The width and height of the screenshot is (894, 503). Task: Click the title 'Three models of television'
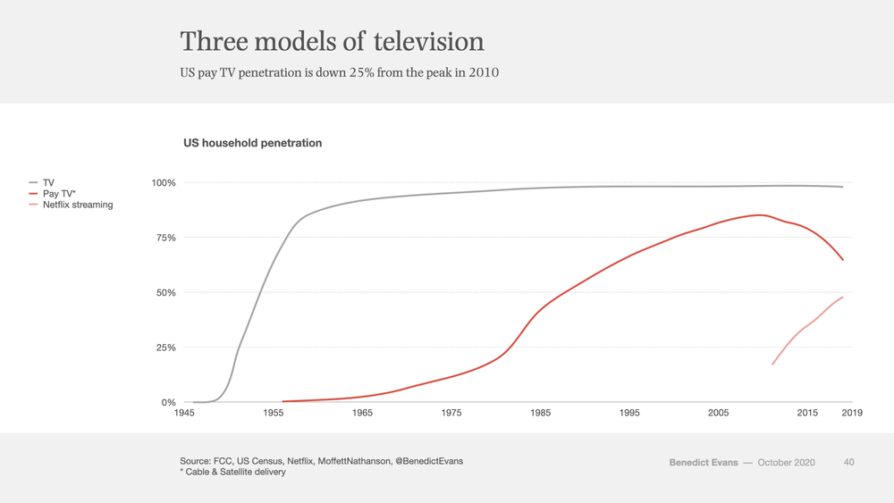pos(332,42)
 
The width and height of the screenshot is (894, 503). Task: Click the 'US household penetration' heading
pos(253,143)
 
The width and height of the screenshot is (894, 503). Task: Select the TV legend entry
pos(42,183)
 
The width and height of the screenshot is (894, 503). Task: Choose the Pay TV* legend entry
pos(52,194)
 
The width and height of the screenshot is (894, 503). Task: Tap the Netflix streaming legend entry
pos(71,205)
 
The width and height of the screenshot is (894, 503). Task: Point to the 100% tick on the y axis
pos(164,183)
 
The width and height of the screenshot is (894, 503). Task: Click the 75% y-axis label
pos(166,238)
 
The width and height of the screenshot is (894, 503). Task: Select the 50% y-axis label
pos(166,293)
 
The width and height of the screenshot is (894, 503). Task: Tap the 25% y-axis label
pos(166,348)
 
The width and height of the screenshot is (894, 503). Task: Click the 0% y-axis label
pos(168,402)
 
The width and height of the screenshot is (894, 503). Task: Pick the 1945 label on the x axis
pos(184,413)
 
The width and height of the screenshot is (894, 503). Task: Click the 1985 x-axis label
pos(540,413)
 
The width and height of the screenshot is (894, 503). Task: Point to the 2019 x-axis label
pos(852,413)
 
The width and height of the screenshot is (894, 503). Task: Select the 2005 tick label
pos(719,413)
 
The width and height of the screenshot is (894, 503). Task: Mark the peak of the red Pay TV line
pos(759,214)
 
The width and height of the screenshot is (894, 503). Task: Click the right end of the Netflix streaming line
pos(843,297)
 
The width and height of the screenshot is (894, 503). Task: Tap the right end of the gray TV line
pos(843,187)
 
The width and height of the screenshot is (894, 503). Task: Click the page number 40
pos(849,463)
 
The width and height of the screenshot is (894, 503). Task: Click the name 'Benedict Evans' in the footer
pos(704,463)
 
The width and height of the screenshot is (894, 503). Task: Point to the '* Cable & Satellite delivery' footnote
pos(232,473)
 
